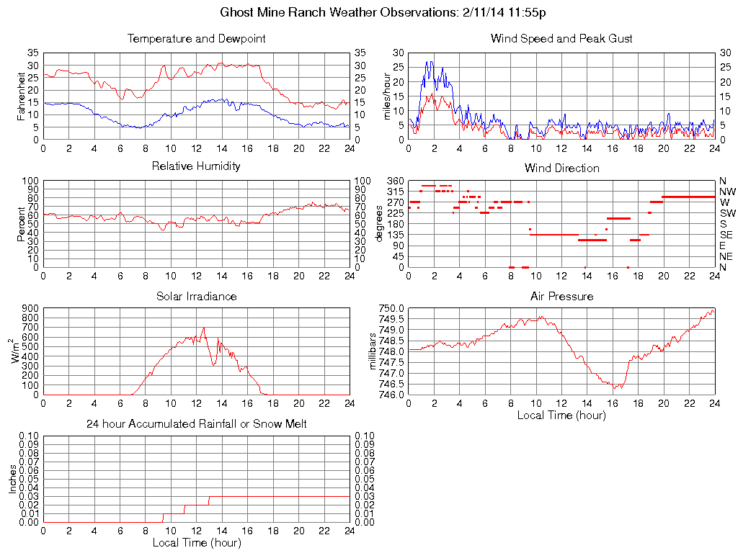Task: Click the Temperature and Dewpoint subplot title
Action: [196, 39]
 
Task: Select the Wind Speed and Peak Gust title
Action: [561, 39]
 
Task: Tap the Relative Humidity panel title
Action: [196, 166]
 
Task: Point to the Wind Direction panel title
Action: [561, 168]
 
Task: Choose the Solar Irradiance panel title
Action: [196, 296]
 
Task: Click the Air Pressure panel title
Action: [561, 296]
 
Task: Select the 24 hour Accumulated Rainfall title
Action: [196, 424]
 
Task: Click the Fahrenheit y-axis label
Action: [22, 96]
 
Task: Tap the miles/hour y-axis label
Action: [386, 96]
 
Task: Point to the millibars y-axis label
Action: [373, 351]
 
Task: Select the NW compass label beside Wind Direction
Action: [727, 192]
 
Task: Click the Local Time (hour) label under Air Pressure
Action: [561, 415]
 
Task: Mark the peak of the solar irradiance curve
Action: [204, 328]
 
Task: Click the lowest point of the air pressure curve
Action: [615, 389]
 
